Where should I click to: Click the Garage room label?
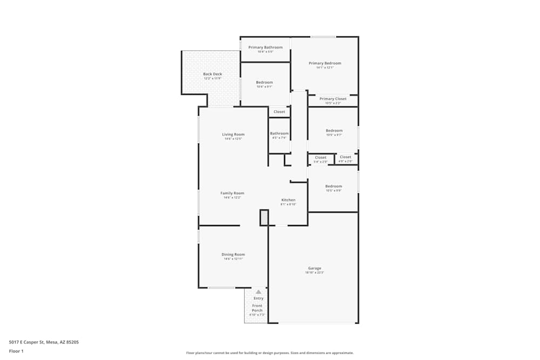[x=314, y=268]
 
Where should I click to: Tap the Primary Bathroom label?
[x=265, y=47]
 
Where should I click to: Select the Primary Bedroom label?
[x=325, y=63]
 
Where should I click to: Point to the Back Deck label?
[x=212, y=74]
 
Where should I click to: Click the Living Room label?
[x=233, y=134]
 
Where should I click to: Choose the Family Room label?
[x=232, y=193]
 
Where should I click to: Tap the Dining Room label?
[x=233, y=254]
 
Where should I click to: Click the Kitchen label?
[x=288, y=200]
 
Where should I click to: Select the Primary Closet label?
[x=333, y=99]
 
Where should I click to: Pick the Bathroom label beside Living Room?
[x=279, y=133]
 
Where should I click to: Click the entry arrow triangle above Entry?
[x=258, y=292]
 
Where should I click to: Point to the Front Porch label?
[x=257, y=308]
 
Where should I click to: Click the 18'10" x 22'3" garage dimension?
[x=314, y=273]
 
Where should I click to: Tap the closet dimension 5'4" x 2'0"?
[x=320, y=162]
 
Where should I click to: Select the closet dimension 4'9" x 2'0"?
[x=345, y=162]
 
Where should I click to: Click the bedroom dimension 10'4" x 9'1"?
[x=264, y=86]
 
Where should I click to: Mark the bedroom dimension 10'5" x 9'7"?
[x=334, y=135]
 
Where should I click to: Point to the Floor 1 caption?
[x=16, y=351]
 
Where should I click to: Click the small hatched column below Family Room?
[x=264, y=217]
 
